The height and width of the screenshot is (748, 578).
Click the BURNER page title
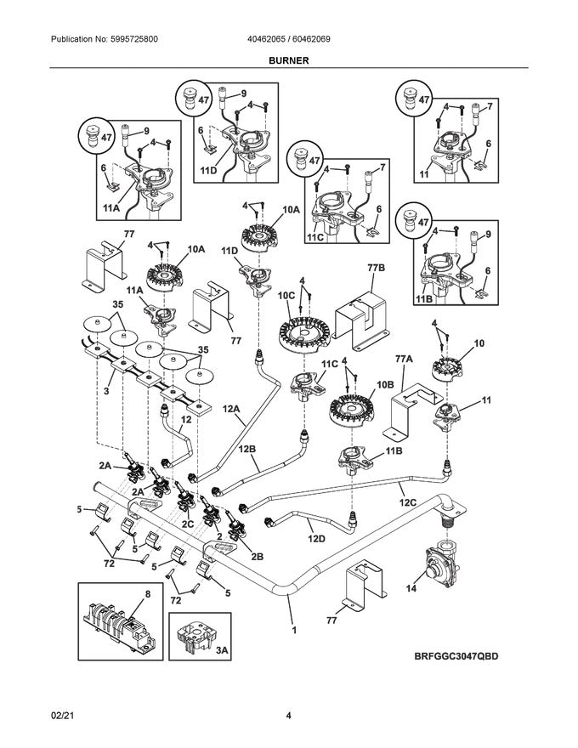tap(288, 61)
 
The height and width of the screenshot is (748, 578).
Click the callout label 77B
tap(377, 268)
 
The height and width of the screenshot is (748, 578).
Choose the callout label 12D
tap(316, 537)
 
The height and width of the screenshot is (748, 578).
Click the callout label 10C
tap(286, 295)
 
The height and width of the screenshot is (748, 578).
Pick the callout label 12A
tap(231, 410)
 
